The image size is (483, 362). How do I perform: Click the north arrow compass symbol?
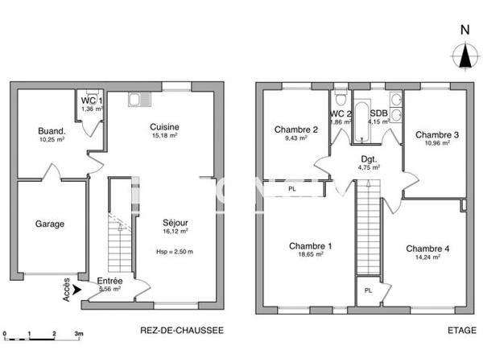click(464, 55)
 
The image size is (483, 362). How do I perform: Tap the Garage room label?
click(49, 224)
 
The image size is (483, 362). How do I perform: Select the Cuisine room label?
click(163, 126)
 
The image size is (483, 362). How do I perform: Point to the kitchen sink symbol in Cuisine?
click(138, 100)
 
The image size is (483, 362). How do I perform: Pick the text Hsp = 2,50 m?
click(175, 252)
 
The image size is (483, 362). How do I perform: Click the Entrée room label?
click(109, 281)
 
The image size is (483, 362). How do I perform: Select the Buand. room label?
click(52, 131)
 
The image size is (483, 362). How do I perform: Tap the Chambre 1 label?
click(310, 245)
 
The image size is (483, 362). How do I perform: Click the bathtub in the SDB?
click(359, 121)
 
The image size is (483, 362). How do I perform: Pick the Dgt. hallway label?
click(369, 158)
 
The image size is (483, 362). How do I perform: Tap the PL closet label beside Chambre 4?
click(367, 290)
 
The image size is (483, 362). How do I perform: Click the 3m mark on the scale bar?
click(78, 332)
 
